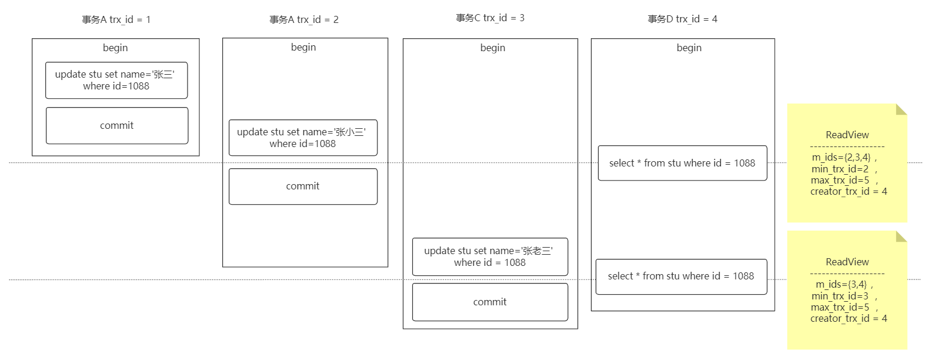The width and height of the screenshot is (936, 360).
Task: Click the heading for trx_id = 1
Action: [x=116, y=19]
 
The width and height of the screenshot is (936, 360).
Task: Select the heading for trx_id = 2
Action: [x=304, y=19]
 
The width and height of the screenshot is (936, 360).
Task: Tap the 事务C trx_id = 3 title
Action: [x=490, y=18]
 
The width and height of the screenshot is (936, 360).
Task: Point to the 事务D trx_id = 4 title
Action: [x=683, y=19]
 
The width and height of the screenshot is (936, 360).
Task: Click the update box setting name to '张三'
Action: [x=116, y=80]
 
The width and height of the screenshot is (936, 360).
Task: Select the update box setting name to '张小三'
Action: [x=303, y=138]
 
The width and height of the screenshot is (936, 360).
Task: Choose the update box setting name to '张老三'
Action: [x=490, y=256]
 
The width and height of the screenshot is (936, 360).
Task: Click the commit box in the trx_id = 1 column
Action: [x=117, y=125]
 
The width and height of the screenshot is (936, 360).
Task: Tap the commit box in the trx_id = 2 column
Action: [x=303, y=186]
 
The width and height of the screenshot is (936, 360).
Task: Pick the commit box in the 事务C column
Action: [x=490, y=302]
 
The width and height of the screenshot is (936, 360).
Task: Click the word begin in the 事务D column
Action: [x=689, y=48]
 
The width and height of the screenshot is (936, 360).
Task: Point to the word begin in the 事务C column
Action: [x=493, y=48]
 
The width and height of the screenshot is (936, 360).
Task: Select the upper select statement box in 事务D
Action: [x=683, y=163]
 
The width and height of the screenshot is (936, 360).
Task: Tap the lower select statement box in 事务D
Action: [x=681, y=277]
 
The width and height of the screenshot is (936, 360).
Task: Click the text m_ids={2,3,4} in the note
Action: [x=841, y=158]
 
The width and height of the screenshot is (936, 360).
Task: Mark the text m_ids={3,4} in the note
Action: [x=841, y=285]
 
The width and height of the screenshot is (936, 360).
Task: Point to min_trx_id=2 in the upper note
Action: [x=840, y=169]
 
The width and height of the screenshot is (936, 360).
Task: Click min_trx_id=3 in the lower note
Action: [x=840, y=296]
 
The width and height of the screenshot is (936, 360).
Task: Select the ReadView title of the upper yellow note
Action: [x=847, y=135]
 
